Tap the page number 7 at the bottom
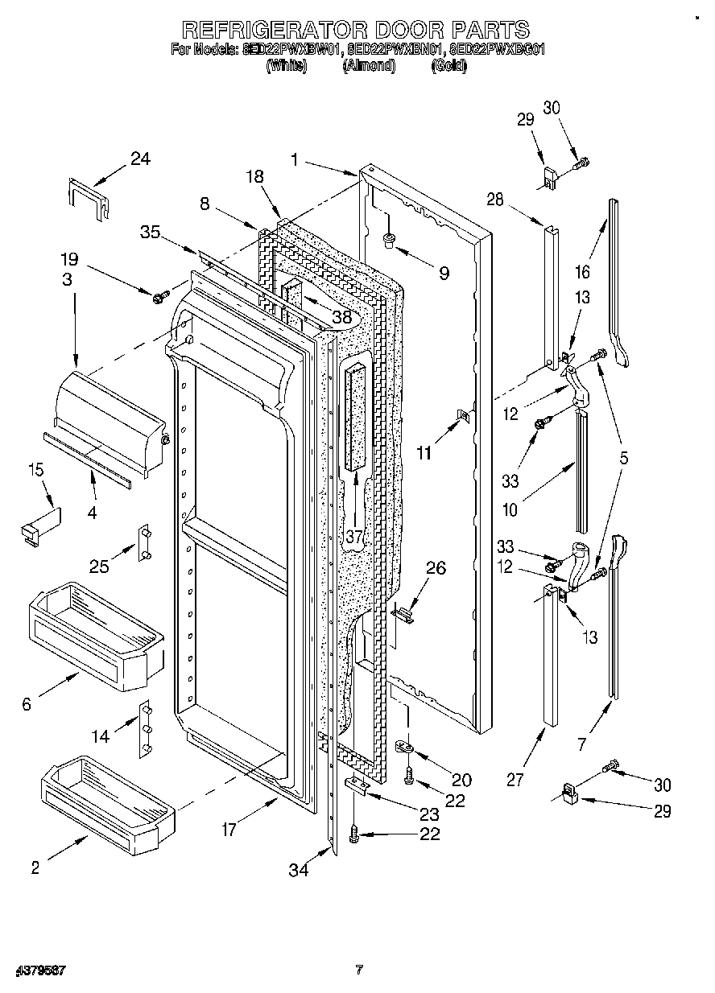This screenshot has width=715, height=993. click(x=359, y=970)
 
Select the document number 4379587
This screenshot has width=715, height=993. click(x=39, y=970)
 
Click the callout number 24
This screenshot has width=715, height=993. click(x=140, y=159)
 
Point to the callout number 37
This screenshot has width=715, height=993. click(x=355, y=536)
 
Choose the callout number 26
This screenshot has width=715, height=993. click(x=435, y=568)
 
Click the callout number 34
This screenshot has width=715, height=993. click(x=299, y=869)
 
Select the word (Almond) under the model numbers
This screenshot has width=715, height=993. click(x=369, y=67)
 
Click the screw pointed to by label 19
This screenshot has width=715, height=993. click(x=158, y=298)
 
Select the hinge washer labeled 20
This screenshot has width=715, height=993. click(x=407, y=746)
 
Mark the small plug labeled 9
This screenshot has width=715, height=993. click(x=389, y=238)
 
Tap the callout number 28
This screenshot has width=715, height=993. click(x=494, y=200)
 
